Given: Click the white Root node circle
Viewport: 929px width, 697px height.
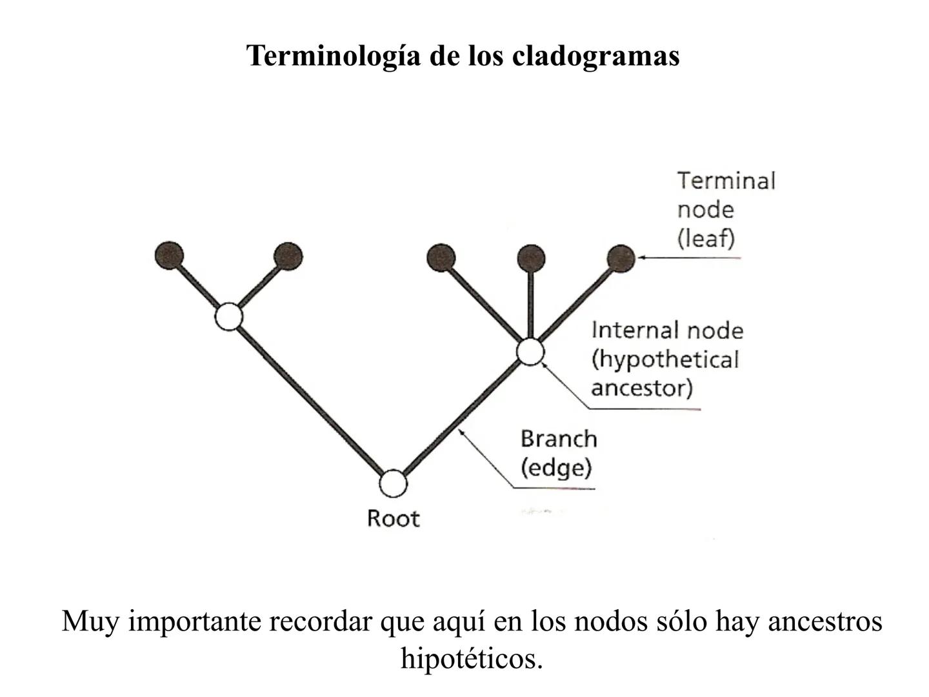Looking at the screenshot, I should point(393,483).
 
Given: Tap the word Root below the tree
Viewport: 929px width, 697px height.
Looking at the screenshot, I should point(393,518).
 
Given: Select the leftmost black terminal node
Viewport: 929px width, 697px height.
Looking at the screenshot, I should point(170,256).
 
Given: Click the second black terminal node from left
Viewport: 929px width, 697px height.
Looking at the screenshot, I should point(288,256).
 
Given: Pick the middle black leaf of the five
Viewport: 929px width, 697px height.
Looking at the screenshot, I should point(441,258).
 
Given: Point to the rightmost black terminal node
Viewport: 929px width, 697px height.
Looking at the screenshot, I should point(621,258).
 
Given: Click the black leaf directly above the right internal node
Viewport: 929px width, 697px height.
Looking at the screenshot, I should point(531,258).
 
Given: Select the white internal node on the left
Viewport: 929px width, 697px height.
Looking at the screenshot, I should point(228,317).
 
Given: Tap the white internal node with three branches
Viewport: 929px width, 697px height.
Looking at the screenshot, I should point(530,352).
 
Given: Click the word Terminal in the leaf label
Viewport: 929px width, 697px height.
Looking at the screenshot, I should point(726,181).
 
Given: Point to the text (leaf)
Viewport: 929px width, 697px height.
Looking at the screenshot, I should point(706,239).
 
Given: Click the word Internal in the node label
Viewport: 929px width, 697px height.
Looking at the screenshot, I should point(635,330).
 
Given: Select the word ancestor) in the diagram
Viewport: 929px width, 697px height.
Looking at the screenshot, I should point(641,388).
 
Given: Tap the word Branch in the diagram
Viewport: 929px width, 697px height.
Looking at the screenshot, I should point(559,439).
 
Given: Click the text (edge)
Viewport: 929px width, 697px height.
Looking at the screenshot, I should point(555,468).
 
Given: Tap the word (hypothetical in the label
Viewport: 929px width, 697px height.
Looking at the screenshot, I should point(664,359).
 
